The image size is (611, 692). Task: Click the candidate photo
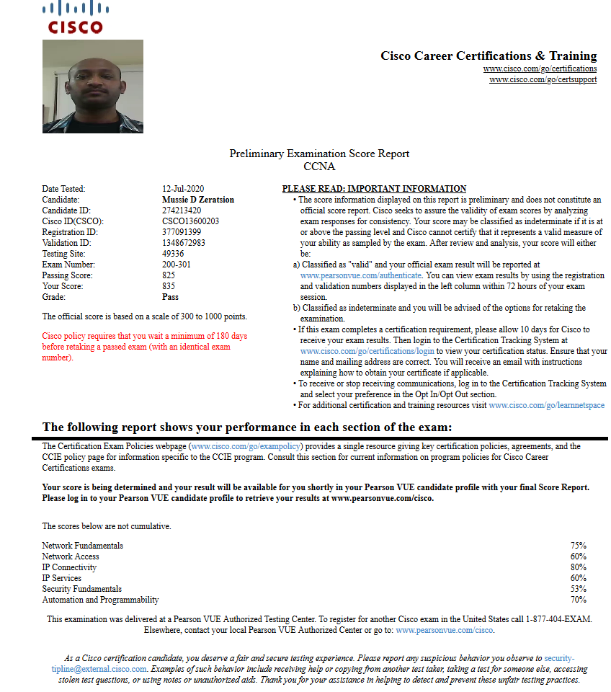(93, 86)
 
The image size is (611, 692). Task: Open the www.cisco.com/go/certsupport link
(543, 79)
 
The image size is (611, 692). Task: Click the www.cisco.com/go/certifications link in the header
(540, 68)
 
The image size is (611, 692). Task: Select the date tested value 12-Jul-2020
(184, 189)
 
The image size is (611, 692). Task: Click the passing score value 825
(169, 275)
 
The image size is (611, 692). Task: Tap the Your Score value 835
(169, 286)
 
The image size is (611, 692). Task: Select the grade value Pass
(171, 297)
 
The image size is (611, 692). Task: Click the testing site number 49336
(173, 254)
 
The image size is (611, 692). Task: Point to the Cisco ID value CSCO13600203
(191, 221)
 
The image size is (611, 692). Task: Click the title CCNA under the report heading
(319, 167)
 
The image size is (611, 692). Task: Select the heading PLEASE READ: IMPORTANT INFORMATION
(374, 189)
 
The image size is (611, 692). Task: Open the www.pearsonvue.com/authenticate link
(361, 275)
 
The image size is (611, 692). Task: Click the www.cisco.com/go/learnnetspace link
(546, 406)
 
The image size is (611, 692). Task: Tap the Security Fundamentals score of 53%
(578, 589)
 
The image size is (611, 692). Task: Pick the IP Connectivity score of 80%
(578, 567)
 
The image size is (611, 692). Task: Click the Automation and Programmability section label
(100, 600)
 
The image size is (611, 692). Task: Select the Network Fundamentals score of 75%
(578, 546)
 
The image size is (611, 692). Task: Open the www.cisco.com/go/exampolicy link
(246, 447)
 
